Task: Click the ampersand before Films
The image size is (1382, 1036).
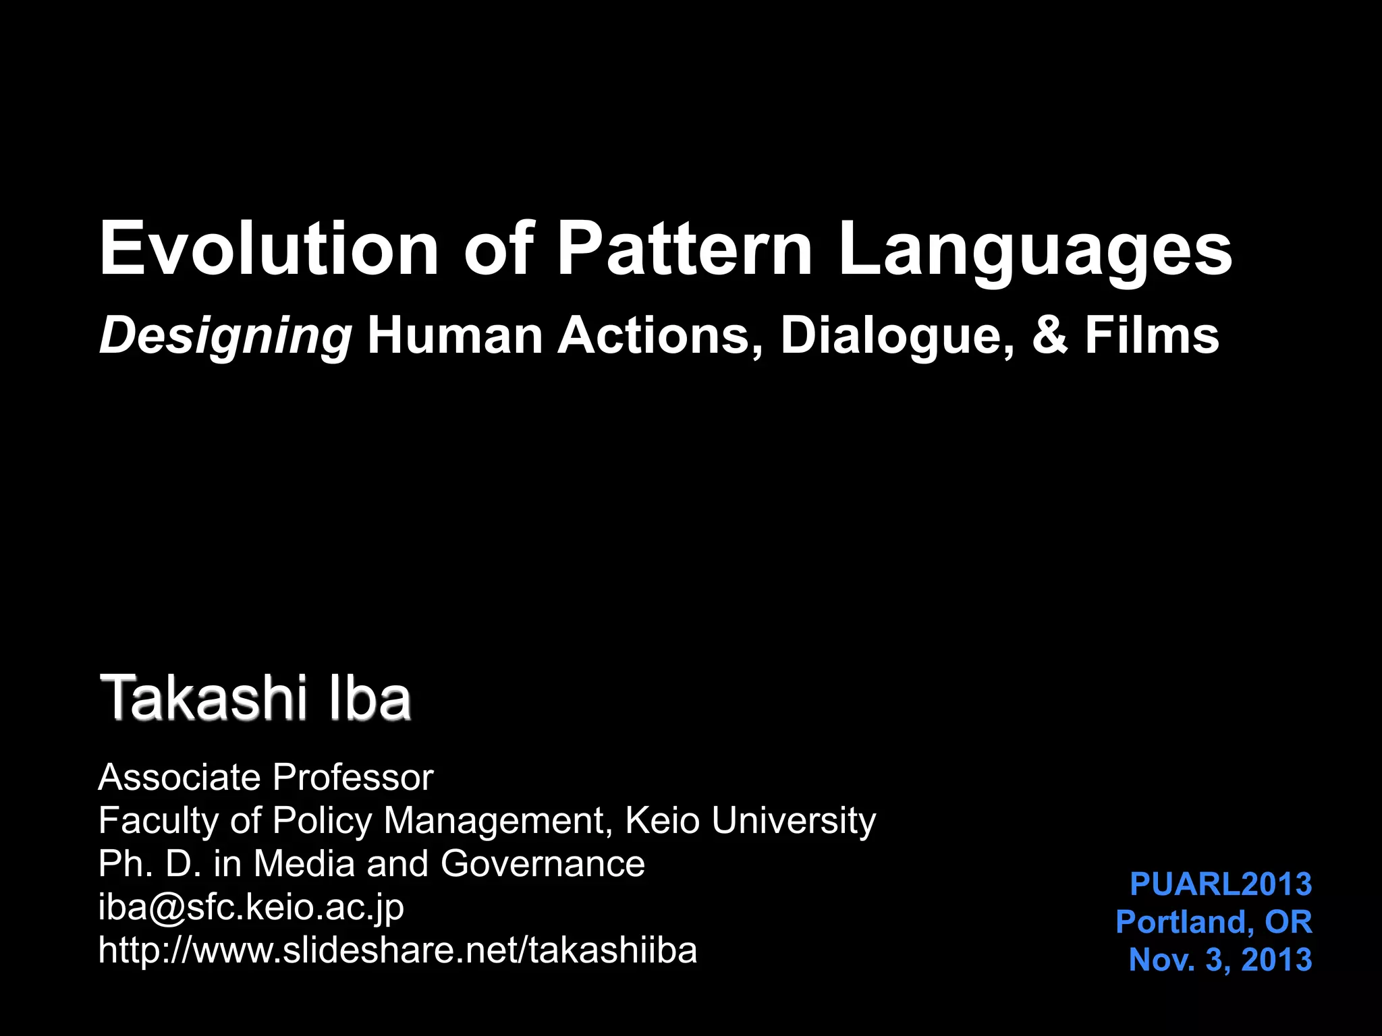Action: [1050, 335]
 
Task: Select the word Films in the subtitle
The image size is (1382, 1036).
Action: [1152, 335]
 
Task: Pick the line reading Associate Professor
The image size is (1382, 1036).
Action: [265, 778]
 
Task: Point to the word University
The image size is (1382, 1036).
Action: [794, 822]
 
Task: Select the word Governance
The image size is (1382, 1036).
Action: [543, 864]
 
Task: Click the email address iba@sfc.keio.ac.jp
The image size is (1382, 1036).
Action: [251, 908]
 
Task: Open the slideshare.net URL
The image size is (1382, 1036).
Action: [397, 950]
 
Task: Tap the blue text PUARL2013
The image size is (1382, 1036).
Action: [1221, 884]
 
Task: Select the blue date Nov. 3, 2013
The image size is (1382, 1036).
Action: [1220, 960]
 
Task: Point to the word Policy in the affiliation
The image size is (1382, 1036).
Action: [322, 822]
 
